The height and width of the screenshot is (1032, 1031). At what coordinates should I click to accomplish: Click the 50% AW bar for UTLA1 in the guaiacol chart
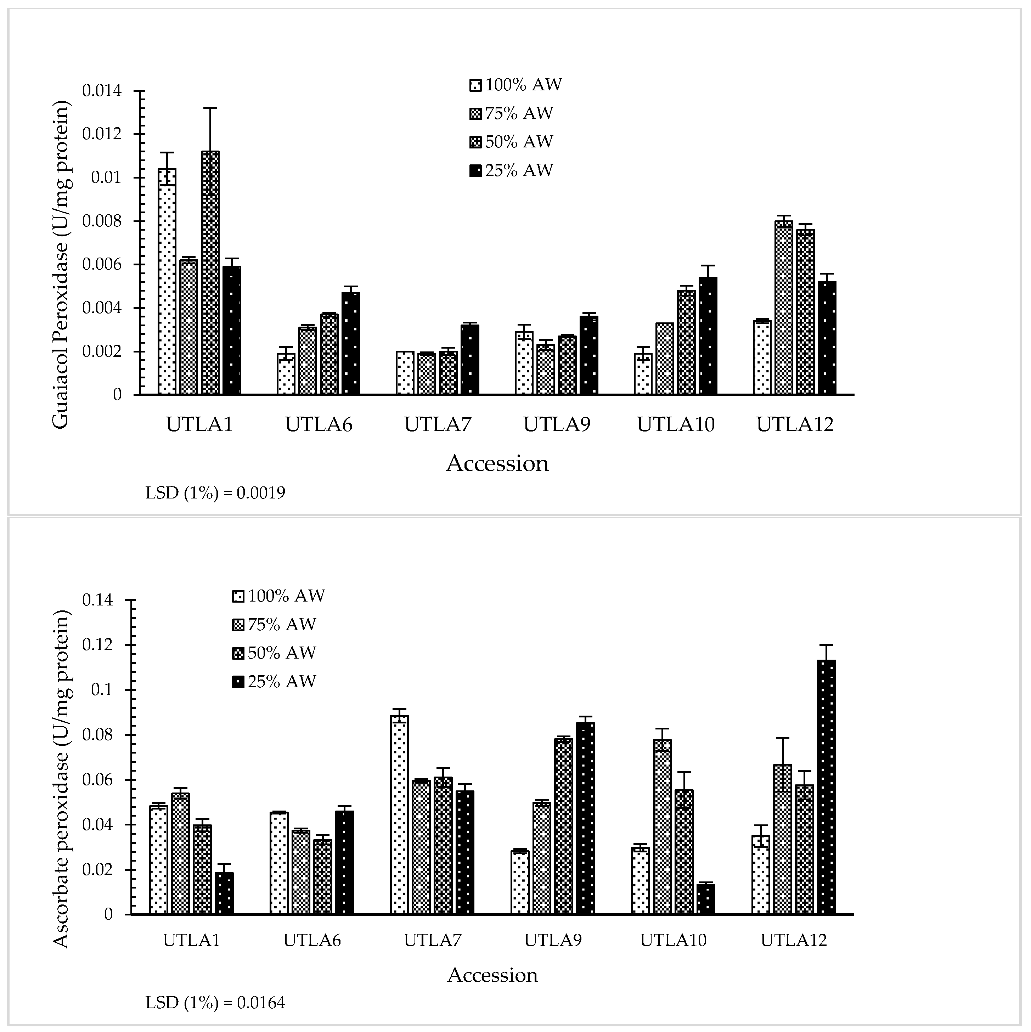point(210,273)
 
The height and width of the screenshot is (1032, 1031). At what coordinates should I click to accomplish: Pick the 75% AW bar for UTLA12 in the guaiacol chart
point(784,308)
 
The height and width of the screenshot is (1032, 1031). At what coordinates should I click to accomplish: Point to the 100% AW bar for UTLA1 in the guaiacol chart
point(167,282)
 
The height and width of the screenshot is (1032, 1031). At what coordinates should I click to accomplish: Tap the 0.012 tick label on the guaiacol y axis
point(101,134)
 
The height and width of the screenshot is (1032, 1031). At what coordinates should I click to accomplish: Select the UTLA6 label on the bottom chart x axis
point(312,940)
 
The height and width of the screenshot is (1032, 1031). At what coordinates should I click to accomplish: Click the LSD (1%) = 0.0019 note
point(215,492)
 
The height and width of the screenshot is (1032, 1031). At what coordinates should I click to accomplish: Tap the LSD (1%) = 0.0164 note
point(215,1003)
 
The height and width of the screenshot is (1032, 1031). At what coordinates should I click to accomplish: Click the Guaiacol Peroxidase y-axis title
point(61,264)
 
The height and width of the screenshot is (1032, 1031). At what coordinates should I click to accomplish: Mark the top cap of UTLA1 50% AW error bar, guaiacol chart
point(210,108)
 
